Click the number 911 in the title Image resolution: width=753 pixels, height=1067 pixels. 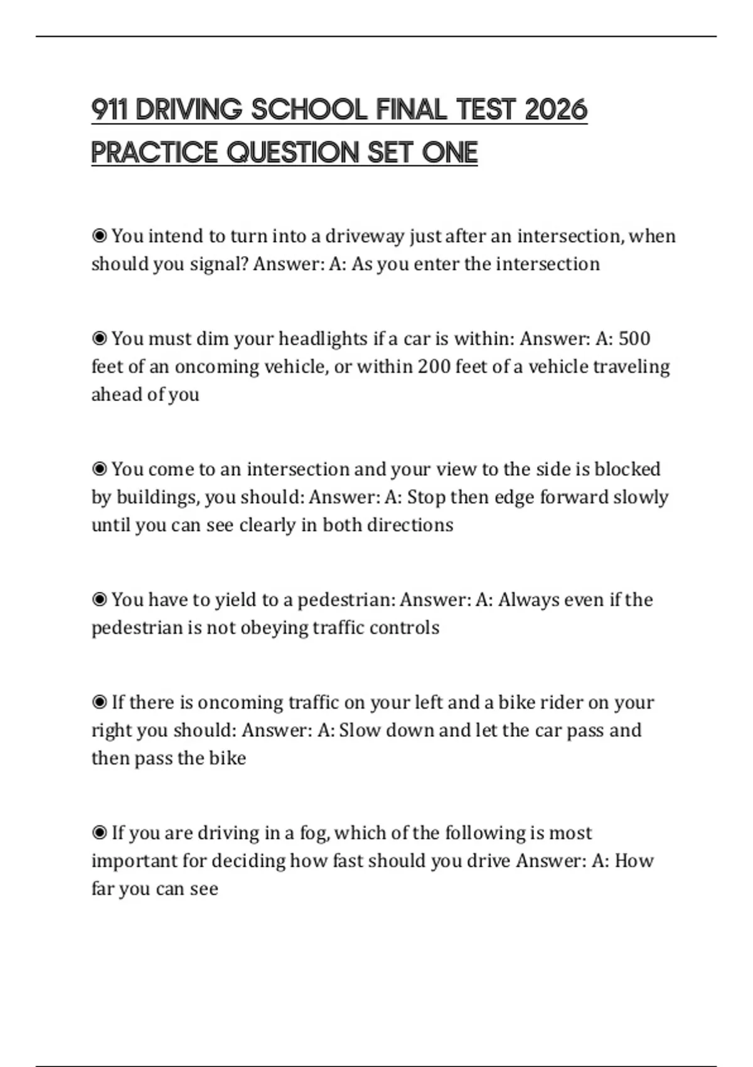tap(109, 110)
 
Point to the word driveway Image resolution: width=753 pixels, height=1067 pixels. tap(365, 236)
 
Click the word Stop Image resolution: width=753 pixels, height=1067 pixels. tap(426, 497)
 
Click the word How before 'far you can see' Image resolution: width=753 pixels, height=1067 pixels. tap(634, 861)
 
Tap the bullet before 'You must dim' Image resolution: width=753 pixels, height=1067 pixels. tap(99, 339)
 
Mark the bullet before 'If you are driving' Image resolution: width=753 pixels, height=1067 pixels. tap(99, 833)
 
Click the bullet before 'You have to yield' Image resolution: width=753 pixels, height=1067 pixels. tap(99, 600)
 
